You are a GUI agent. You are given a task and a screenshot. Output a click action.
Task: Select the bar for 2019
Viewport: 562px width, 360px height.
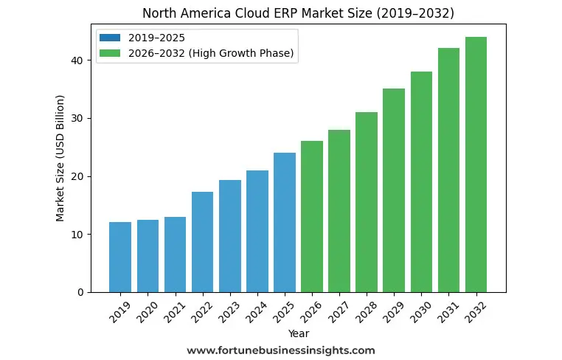coord(120,257)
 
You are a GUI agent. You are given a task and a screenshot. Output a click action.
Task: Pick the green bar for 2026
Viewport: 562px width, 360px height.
coord(312,217)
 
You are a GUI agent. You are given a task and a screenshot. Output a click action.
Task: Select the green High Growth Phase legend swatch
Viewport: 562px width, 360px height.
coord(112,54)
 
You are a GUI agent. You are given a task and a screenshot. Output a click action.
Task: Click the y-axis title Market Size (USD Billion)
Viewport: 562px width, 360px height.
coord(60,158)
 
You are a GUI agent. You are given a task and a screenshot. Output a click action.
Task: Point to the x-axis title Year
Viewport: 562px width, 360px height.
coord(299,333)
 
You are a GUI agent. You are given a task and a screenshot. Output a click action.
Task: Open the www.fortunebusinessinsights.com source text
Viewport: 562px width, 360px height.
coord(281,350)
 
